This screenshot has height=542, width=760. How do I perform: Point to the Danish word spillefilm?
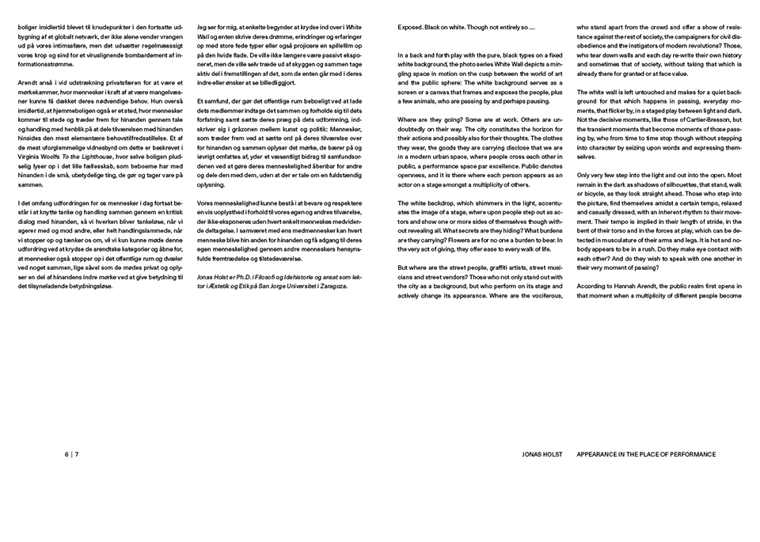(348, 46)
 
